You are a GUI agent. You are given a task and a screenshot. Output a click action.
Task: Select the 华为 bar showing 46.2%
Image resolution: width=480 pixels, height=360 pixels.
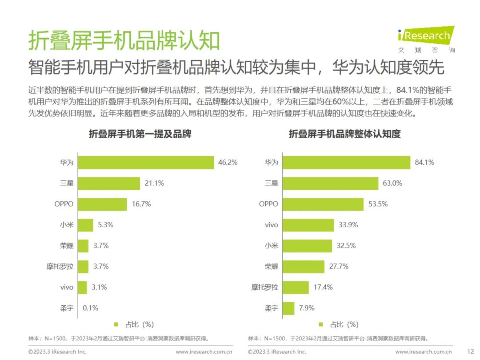[x=146, y=163]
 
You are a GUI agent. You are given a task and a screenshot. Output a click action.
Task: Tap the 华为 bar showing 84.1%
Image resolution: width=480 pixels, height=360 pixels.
[x=346, y=163]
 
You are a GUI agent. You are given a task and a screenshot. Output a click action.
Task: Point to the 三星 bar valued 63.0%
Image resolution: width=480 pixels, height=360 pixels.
[x=330, y=183]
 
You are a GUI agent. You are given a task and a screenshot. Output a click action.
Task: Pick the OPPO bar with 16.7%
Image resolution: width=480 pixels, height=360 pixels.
[x=103, y=204]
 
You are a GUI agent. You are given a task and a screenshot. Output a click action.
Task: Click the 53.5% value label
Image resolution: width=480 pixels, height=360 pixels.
[x=378, y=204]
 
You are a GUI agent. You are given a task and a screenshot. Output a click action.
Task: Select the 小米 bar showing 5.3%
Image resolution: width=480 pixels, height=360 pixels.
[x=86, y=225]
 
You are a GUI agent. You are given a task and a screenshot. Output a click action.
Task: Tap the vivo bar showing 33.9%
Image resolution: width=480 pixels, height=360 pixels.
[x=308, y=225]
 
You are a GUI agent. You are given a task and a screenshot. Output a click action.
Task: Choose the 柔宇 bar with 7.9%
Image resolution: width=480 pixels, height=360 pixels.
[x=288, y=308]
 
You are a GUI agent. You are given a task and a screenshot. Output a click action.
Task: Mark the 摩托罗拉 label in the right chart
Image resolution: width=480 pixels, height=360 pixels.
[x=265, y=288]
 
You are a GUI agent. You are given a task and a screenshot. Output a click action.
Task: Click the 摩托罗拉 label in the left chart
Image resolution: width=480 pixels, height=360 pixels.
[x=59, y=267]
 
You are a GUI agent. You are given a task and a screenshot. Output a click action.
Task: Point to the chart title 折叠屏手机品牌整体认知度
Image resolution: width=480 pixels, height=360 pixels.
[x=344, y=134]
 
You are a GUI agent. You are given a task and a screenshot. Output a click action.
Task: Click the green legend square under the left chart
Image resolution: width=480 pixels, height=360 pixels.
[x=116, y=324]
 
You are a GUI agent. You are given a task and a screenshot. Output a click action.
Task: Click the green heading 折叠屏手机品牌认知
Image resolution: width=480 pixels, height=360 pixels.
[x=124, y=41]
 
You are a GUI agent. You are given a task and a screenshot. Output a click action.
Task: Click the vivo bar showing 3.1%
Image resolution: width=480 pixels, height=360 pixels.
[x=82, y=288]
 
